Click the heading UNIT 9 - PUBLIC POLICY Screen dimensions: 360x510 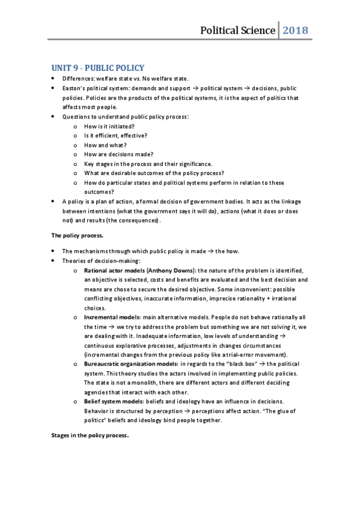click(x=97, y=68)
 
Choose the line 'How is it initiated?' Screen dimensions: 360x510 click(x=109, y=126)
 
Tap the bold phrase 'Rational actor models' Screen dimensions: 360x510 click(x=111, y=271)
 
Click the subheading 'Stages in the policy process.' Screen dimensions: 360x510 click(x=90, y=435)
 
